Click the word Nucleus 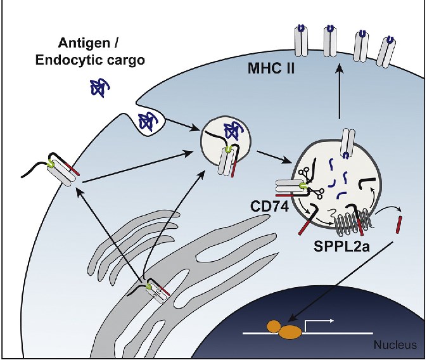click(x=395, y=345)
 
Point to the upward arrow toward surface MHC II click(x=340, y=95)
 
